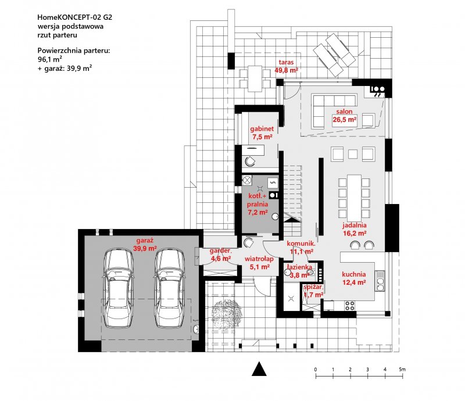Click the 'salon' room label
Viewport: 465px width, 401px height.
344,112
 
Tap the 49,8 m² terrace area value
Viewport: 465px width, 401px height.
286,70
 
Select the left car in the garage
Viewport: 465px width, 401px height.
118,288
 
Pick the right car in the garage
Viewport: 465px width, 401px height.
170,288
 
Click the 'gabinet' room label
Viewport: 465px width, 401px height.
262,128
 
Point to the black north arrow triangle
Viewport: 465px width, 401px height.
259,368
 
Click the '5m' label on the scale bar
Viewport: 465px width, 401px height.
402,370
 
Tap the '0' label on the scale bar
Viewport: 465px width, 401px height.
316,370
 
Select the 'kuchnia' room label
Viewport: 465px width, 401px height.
354,274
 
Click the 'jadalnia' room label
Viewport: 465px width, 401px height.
355,225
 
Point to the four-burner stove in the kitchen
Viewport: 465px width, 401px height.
350,306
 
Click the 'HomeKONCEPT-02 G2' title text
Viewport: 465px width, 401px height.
75,17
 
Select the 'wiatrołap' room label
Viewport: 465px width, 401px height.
259,259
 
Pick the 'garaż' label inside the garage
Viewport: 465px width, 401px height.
145,241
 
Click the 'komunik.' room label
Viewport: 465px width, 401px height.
301,244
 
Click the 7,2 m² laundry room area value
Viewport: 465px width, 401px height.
257,212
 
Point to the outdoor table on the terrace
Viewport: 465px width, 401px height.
255,78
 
